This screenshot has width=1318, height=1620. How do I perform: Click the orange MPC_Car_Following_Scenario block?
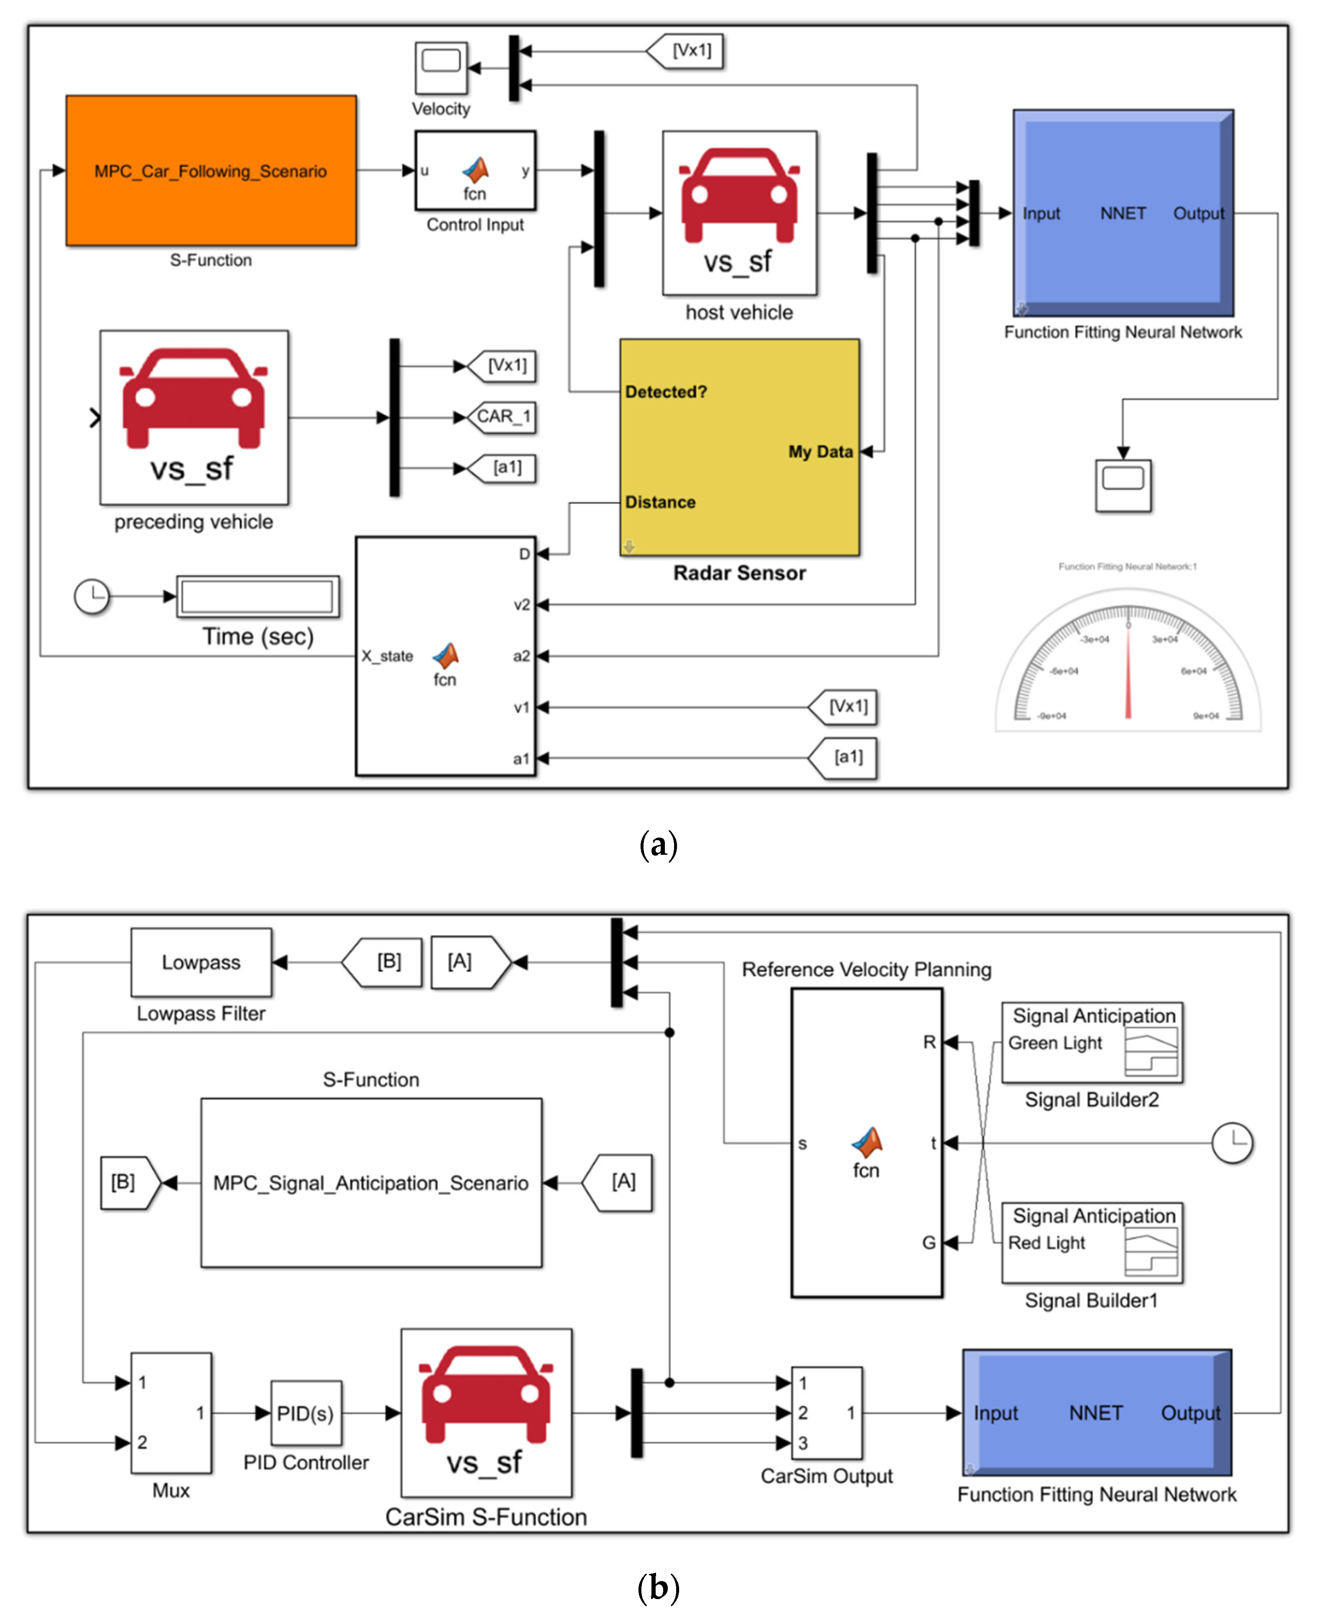(211, 171)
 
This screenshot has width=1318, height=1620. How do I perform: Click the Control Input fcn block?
(475, 171)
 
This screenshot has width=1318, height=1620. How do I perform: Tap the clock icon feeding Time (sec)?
(92, 596)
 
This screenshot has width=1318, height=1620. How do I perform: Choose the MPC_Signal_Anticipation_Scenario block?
(371, 1182)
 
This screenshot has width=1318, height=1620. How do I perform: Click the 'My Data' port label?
(820, 451)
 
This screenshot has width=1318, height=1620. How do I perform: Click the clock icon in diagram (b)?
(1231, 1143)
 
